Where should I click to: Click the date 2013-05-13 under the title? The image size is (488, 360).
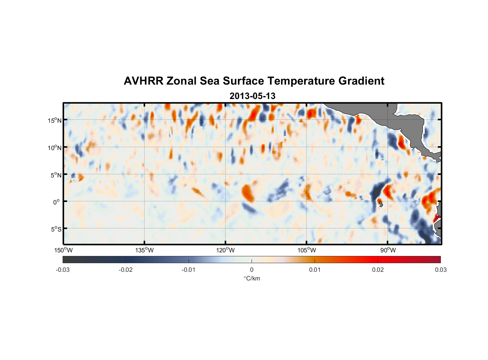tap(252, 96)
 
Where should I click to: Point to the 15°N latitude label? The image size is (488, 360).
tap(54, 120)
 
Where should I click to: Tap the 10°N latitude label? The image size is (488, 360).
tap(54, 148)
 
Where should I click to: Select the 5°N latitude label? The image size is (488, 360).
tap(55, 175)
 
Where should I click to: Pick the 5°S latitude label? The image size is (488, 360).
tap(55, 229)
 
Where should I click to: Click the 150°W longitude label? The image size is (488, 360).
tap(63, 250)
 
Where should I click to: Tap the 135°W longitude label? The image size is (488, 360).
tap(144, 250)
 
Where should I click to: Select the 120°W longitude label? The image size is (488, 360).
tap(225, 250)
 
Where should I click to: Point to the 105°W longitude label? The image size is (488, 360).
tap(307, 250)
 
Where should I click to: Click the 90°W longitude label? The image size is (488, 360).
tap(388, 250)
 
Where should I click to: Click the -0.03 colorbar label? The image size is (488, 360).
tap(63, 270)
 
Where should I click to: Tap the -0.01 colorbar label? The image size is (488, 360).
tap(189, 270)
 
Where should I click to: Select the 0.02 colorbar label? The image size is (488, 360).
tap(378, 270)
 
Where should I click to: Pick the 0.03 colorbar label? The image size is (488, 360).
tap(440, 270)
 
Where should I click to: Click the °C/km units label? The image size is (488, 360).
tap(252, 278)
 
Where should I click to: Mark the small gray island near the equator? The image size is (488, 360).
tap(380, 204)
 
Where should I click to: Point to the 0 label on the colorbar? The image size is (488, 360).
tap(252, 270)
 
